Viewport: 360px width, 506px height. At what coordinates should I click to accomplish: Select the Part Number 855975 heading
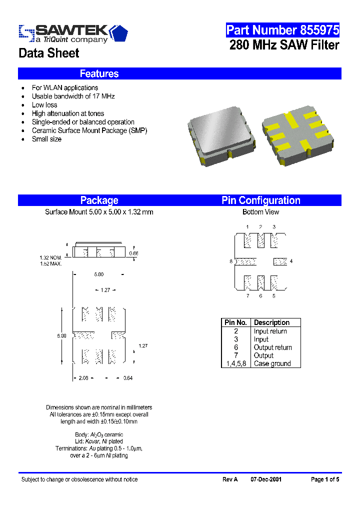[282, 30]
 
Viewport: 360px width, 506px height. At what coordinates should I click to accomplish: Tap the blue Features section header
[99, 73]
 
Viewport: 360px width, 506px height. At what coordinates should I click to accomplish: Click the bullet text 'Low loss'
[44, 105]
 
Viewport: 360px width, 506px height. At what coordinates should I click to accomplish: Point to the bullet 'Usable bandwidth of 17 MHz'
[73, 96]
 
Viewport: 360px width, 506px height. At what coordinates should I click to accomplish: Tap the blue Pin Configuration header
[260, 200]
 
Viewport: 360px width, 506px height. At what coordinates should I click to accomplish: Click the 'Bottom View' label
[260, 212]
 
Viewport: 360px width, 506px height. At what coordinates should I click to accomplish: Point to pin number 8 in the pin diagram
[231, 261]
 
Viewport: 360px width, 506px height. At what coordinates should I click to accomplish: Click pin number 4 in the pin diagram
[291, 261]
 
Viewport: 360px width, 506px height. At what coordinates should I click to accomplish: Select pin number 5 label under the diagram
[274, 296]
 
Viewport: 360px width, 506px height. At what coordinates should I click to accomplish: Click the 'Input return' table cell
[270, 331]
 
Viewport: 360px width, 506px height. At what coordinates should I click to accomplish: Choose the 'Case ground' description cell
[272, 363]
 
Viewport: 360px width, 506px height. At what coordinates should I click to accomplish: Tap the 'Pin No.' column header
[235, 322]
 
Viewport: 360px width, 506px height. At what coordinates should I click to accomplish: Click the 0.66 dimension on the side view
[133, 253]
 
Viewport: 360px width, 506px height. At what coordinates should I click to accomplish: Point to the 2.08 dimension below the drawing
[83, 378]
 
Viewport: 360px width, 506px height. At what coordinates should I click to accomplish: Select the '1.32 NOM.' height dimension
[50, 258]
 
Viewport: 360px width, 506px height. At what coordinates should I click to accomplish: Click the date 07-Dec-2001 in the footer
[266, 479]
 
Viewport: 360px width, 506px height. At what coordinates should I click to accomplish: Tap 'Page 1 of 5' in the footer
[325, 479]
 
